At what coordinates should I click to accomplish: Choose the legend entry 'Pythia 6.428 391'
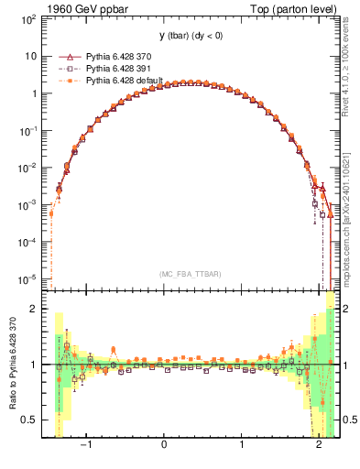pyautogui.click(x=120, y=68)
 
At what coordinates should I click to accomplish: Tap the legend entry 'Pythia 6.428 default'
pyautogui.click(x=125, y=81)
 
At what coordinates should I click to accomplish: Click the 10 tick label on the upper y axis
pyautogui.click(x=30, y=56)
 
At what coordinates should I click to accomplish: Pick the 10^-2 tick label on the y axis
pyautogui.click(x=27, y=167)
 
